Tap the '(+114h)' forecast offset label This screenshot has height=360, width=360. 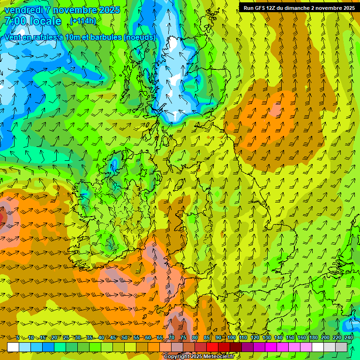click(x=83, y=21)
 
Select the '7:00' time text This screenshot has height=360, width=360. click(x=15, y=21)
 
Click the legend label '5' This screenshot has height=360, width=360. click(x=18, y=337)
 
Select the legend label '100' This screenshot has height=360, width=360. click(x=232, y=337)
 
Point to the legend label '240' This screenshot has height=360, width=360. click(x=349, y=337)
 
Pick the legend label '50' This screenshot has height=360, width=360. click(x=124, y=337)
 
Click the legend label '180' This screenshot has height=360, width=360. click(x=314, y=337)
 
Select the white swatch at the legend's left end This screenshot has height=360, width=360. click(x=13, y=347)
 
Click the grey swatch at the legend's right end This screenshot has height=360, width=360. click(x=342, y=347)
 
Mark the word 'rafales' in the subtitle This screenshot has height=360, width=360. click(x=42, y=37)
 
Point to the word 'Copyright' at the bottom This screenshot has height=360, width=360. click(x=177, y=357)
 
